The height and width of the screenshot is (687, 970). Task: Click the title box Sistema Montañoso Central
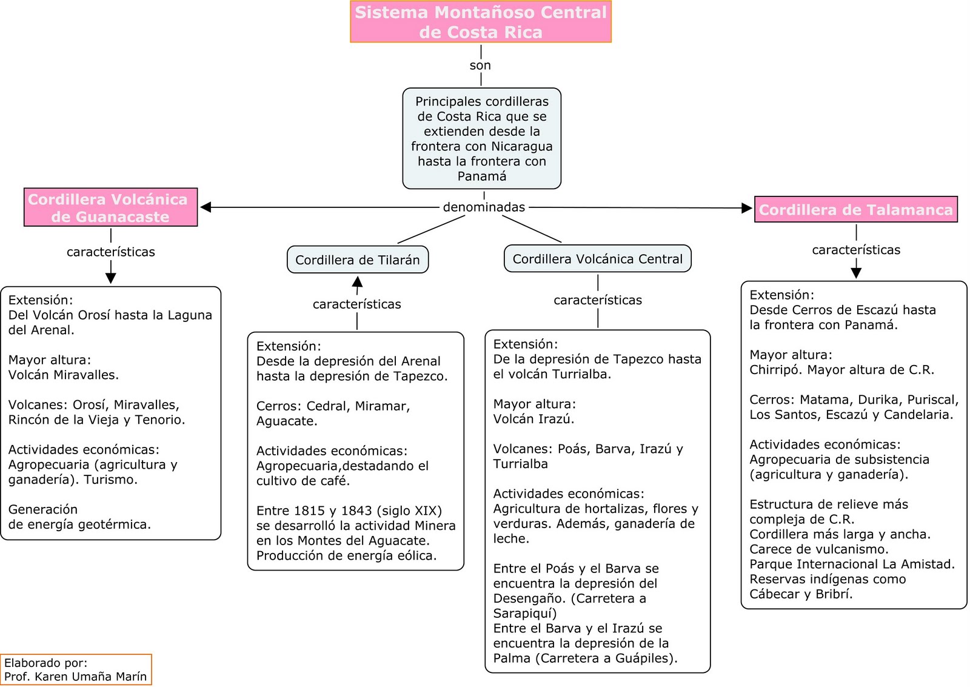[480, 21]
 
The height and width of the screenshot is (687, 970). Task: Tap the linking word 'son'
[480, 65]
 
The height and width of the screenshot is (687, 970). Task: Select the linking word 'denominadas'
[484, 207]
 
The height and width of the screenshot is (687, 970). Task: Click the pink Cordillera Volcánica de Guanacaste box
[110, 207]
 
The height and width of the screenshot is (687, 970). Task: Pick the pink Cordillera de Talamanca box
[855, 210]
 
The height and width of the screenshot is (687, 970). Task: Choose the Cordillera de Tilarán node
[357, 260]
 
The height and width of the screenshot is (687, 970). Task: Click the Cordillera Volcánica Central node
[597, 259]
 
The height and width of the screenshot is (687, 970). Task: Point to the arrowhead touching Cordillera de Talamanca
[747, 208]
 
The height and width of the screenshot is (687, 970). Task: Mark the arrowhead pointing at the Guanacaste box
[206, 207]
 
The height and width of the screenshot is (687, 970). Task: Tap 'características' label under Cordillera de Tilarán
[356, 304]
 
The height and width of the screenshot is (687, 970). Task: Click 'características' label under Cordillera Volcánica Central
[597, 300]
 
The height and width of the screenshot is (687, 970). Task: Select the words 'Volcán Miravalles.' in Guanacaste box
[64, 375]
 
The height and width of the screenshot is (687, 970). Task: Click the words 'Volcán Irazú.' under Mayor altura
[533, 419]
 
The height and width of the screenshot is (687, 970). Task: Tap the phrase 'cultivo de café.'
[303, 481]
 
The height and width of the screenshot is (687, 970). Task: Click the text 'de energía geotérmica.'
[79, 524]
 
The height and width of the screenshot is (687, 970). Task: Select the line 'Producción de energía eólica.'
[346, 555]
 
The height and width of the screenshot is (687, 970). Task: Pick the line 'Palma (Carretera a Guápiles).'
[585, 658]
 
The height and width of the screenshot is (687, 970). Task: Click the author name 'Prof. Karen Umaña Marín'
[75, 677]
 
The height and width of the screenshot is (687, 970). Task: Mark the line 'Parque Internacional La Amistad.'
[852, 564]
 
